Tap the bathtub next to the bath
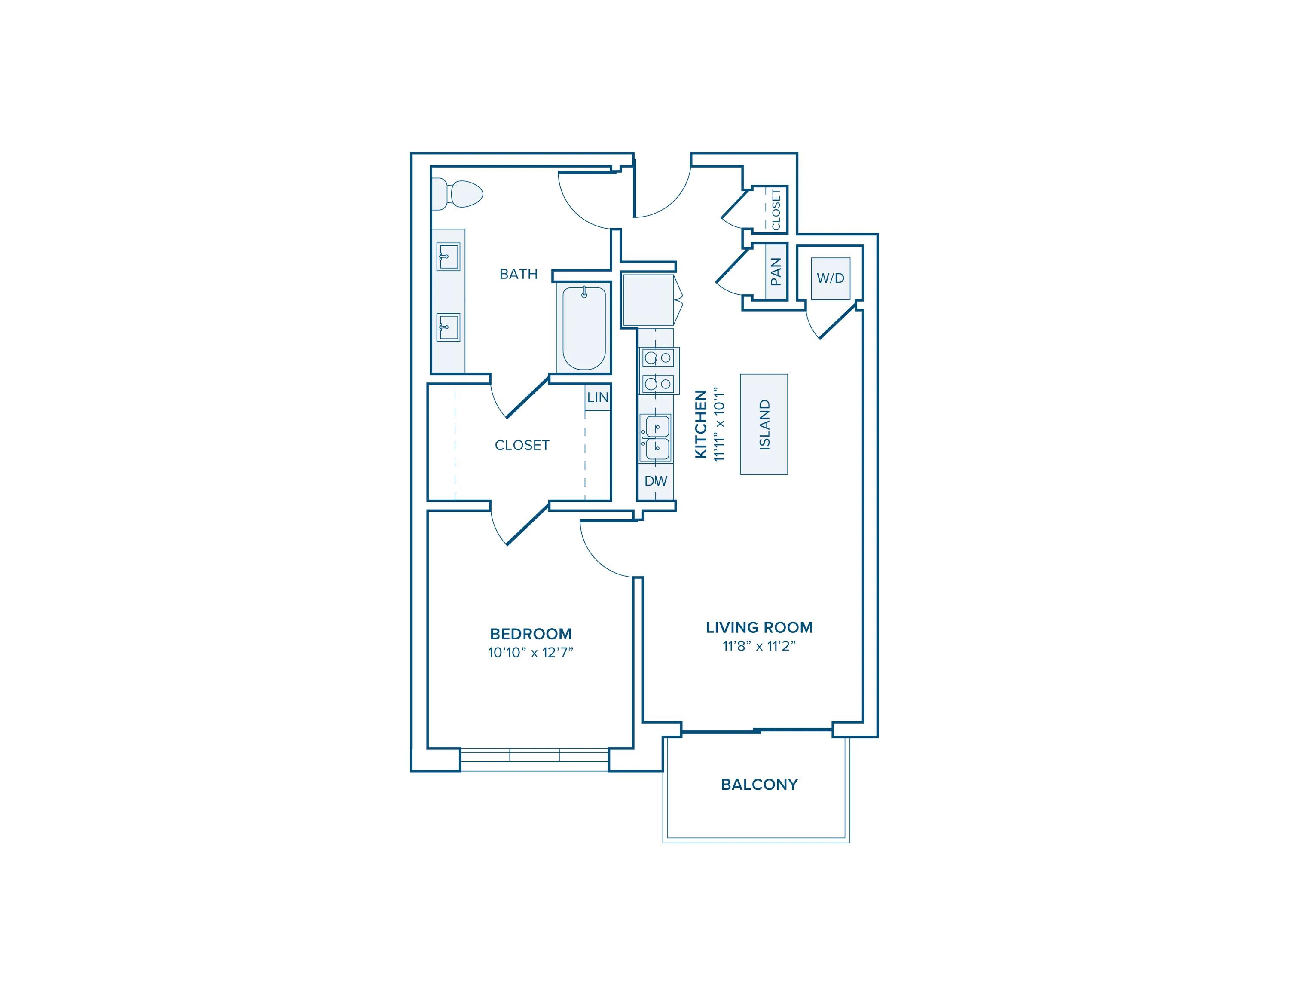click(x=584, y=328)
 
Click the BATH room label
click(x=518, y=274)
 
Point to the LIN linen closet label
click(x=597, y=398)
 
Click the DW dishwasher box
click(x=656, y=481)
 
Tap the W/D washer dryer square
click(x=831, y=278)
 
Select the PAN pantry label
click(x=776, y=272)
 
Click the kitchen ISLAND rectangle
click(x=764, y=424)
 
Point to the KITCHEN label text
click(x=700, y=424)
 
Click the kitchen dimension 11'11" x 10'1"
click(x=718, y=424)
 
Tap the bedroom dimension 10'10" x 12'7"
click(x=531, y=653)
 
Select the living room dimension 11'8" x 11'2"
click(x=759, y=646)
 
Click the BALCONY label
click(x=759, y=784)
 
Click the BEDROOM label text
click(x=531, y=634)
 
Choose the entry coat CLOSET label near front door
click(x=776, y=209)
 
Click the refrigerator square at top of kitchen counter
click(x=648, y=300)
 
